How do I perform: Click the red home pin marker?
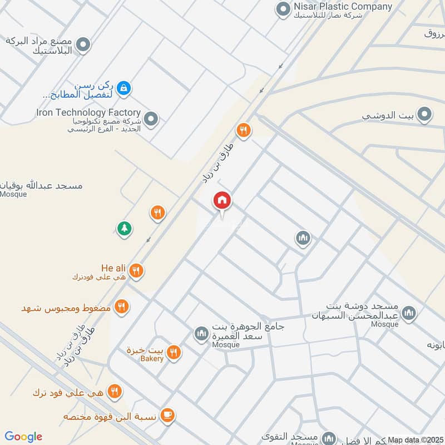tap(222, 201)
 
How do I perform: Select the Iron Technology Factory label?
tap(88, 112)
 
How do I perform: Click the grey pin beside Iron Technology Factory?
tap(151, 118)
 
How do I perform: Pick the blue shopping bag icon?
tap(124, 87)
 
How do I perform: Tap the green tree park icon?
tap(123, 228)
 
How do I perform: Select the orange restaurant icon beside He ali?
tap(136, 271)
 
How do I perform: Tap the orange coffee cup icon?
tap(167, 415)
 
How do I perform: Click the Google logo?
tap(23, 437)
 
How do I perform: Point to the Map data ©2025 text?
tap(416, 440)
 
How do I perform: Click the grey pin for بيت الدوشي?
tap(426, 115)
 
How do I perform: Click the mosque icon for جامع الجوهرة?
tap(201, 334)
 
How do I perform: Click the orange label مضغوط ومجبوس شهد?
tap(67, 308)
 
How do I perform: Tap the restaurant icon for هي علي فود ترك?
tap(115, 392)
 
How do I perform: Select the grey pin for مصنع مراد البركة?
tap(83, 45)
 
